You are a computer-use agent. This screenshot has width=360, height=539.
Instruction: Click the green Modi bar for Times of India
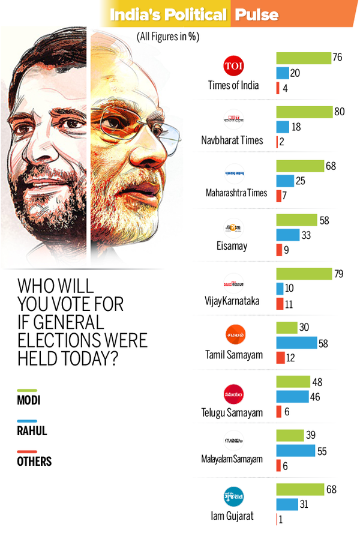[303, 58]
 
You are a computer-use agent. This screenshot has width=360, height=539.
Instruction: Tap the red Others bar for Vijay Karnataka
[279, 304]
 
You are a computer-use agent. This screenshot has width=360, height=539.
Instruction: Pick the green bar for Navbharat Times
[304, 112]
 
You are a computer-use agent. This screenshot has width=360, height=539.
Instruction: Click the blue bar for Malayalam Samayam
[295, 450]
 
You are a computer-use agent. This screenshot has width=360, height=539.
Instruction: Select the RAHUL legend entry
[32, 430]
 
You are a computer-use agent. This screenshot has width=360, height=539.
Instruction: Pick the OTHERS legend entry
[35, 462]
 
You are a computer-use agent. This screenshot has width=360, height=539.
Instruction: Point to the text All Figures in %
[167, 37]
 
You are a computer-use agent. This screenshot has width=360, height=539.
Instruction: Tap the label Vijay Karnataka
[232, 301]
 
